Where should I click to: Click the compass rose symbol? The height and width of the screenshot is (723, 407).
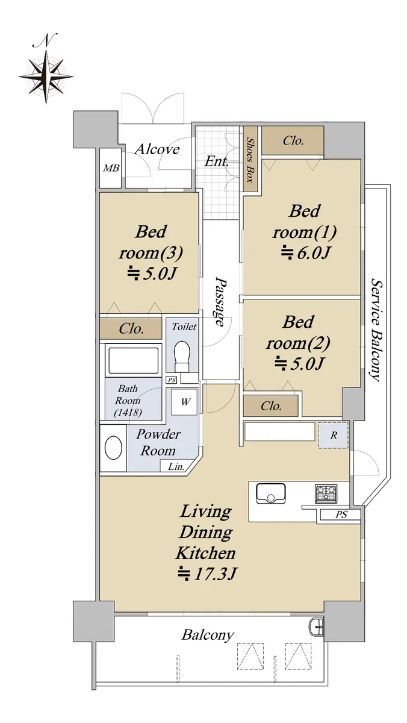[x=46, y=76]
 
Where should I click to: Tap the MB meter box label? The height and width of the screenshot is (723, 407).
[x=111, y=168]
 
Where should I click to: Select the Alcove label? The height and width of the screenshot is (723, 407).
[x=157, y=149]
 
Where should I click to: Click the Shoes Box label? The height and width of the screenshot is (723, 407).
[x=250, y=160]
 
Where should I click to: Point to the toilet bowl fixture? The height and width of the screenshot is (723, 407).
[x=182, y=356]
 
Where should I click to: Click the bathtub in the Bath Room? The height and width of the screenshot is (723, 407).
[x=133, y=360]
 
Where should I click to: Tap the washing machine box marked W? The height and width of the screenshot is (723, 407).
[x=184, y=402]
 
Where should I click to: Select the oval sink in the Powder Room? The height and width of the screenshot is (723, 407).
[x=114, y=448]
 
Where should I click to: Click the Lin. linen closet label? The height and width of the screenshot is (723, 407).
[x=176, y=466]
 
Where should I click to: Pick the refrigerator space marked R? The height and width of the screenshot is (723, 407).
[x=334, y=435]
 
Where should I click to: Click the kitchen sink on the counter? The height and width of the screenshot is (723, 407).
[x=270, y=493]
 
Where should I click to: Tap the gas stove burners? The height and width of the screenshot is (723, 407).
[x=326, y=494]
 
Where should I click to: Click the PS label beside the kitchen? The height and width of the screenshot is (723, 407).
[x=341, y=514]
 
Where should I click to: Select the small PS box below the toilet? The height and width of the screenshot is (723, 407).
[x=172, y=380]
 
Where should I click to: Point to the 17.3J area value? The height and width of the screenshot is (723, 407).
[x=208, y=574]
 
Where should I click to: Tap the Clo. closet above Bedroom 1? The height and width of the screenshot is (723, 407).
[x=293, y=140]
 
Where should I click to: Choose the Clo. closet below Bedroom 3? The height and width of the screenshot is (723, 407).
[x=131, y=328]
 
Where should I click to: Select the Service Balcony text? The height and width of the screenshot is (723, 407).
[x=376, y=330]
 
